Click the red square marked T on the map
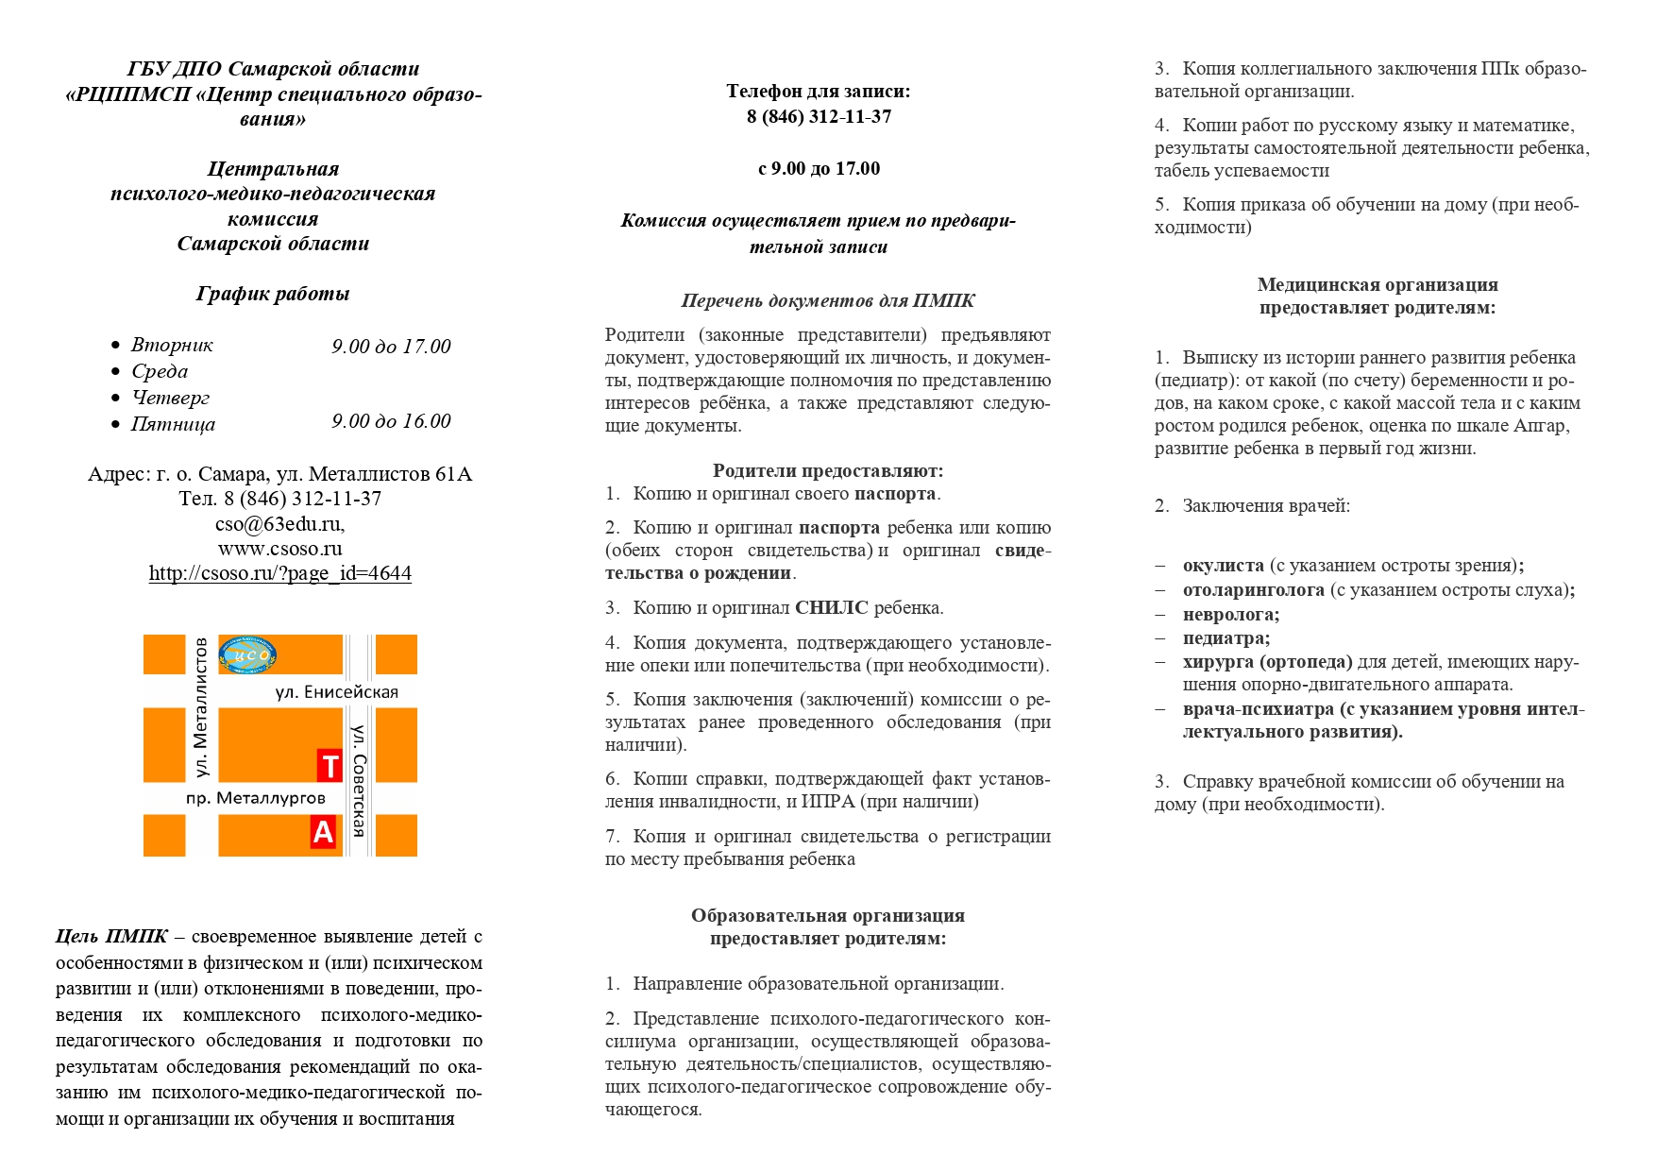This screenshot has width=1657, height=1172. click(329, 766)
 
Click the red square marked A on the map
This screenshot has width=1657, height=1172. click(323, 832)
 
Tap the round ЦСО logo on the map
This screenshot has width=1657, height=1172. click(247, 654)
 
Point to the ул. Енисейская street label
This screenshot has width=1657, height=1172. click(336, 692)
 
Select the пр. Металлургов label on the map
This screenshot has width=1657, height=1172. click(255, 798)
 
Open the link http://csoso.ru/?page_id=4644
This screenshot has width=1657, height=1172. click(279, 573)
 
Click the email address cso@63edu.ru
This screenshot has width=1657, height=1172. click(279, 523)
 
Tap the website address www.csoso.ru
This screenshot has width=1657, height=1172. click(279, 549)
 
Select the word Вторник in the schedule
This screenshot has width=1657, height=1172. click(172, 345)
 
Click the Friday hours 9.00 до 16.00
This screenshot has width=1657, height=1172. click(391, 421)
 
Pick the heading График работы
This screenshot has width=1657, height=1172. click(273, 294)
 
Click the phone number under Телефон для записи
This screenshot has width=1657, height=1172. click(819, 117)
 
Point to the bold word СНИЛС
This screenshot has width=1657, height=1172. click(831, 607)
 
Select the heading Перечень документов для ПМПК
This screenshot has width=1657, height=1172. click(827, 301)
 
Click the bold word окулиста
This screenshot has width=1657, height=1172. click(1223, 566)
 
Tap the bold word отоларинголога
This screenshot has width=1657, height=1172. click(1253, 590)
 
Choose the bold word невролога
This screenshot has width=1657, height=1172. click(1230, 615)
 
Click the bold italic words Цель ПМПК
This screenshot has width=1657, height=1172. click(111, 937)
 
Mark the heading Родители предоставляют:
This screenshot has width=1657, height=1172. click(827, 470)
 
